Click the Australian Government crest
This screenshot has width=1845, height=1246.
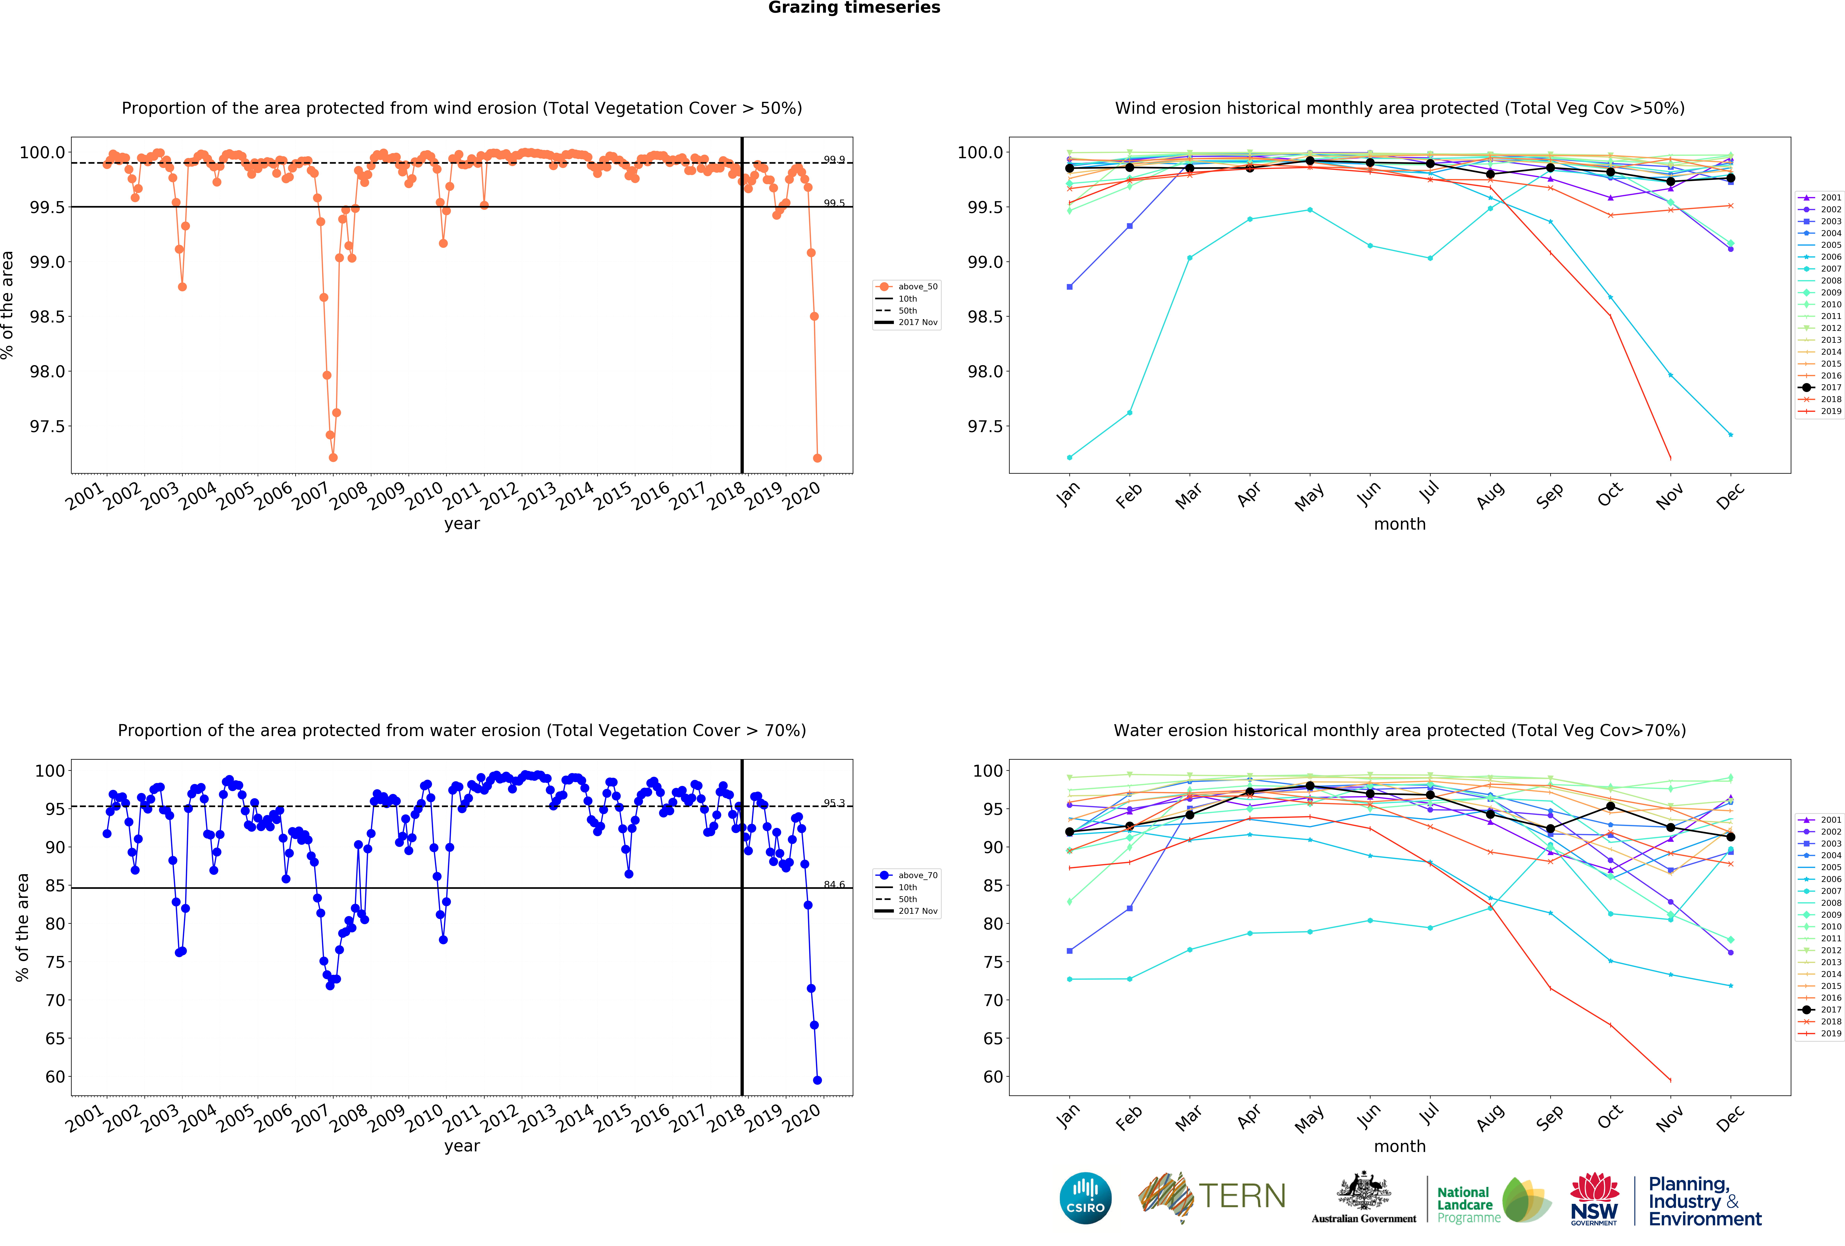click(x=1363, y=1190)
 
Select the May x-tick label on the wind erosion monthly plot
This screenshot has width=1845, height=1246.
click(x=1308, y=497)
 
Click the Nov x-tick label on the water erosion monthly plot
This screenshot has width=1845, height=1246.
click(x=1669, y=1119)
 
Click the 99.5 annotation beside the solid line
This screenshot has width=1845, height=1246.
click(x=834, y=203)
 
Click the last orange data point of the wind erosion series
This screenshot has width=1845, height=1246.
click(x=817, y=458)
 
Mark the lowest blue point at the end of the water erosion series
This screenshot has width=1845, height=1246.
click(x=817, y=1080)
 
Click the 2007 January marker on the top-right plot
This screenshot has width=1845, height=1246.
click(x=1069, y=457)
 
